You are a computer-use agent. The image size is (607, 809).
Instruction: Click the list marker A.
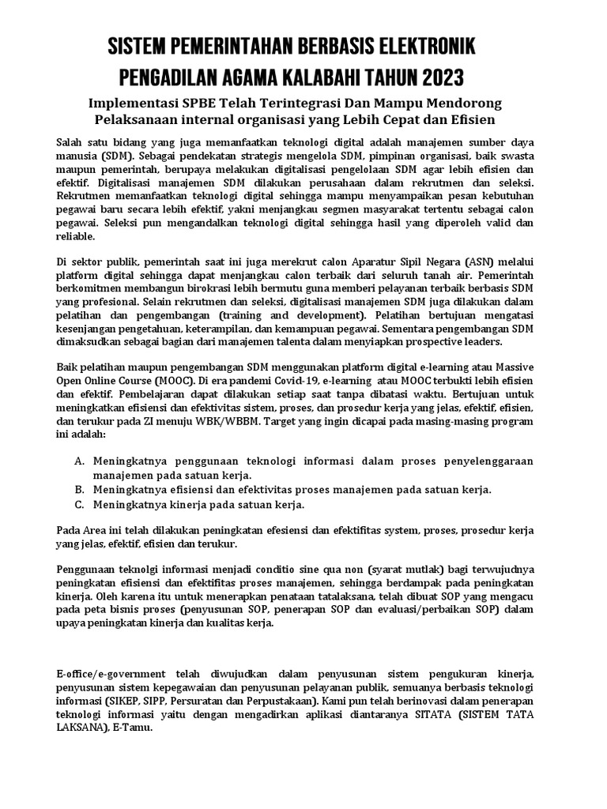(x=79, y=461)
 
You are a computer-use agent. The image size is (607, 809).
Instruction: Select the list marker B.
(x=79, y=489)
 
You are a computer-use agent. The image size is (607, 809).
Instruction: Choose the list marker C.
(x=79, y=504)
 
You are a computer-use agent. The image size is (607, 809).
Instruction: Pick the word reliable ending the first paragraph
(x=75, y=235)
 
